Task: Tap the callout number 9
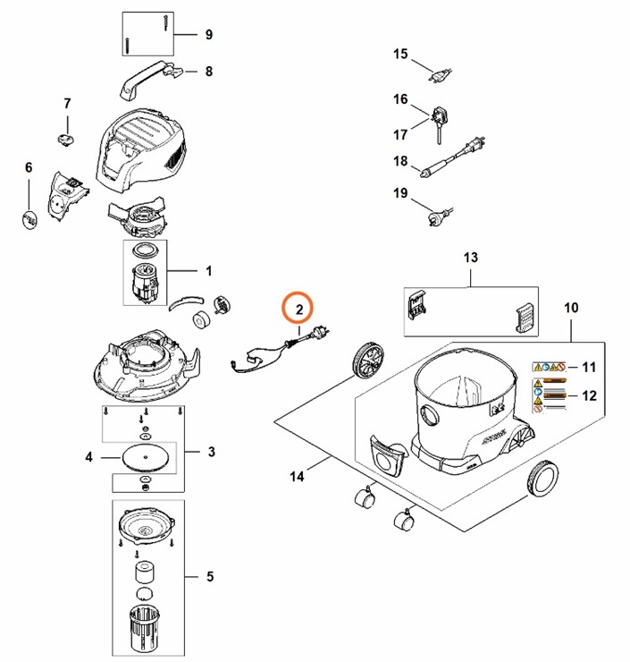tap(208, 35)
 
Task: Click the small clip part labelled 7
tap(66, 137)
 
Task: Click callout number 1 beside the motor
tap(208, 270)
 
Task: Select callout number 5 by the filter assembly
tap(209, 576)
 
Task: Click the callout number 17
tap(400, 134)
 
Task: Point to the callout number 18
tap(400, 161)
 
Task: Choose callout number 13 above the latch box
tap(471, 258)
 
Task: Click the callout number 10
tap(571, 308)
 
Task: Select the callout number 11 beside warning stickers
tap(588, 367)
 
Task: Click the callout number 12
tap(588, 395)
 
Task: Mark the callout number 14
tap(297, 477)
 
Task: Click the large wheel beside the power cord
tap(367, 360)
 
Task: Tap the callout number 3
tap(211, 452)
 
